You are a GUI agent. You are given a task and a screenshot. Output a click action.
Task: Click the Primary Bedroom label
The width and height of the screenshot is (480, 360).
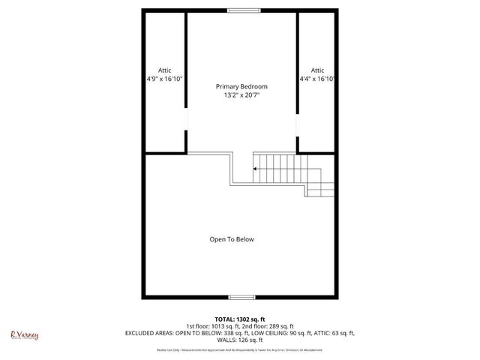[x=241, y=86]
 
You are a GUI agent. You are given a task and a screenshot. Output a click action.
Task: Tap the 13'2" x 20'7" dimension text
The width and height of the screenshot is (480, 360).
[x=241, y=95]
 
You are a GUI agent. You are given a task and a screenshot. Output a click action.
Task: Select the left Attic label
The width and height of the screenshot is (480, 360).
[x=164, y=70]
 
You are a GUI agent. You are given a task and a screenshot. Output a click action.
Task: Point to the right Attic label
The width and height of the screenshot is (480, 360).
[x=317, y=70]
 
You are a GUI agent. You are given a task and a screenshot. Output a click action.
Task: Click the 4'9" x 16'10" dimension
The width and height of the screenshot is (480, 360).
[x=165, y=79]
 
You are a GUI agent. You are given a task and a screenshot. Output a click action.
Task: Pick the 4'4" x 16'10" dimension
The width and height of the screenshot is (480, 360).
[x=316, y=79]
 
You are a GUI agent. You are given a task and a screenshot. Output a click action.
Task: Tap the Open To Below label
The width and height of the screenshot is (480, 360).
[x=232, y=239]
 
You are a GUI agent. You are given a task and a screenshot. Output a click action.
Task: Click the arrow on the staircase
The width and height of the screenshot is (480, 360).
[x=256, y=169]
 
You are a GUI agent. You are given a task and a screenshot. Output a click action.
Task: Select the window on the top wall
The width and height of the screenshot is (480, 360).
[x=240, y=10]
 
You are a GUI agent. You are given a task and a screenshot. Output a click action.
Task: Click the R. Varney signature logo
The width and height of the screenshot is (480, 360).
[x=24, y=334]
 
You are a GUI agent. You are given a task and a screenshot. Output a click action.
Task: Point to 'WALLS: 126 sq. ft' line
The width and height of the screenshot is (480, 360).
[x=240, y=340]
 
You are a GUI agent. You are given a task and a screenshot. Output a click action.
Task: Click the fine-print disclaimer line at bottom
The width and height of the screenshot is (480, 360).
[x=240, y=349]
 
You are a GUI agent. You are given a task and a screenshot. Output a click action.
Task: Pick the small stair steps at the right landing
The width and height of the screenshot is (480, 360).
[x=320, y=189]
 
